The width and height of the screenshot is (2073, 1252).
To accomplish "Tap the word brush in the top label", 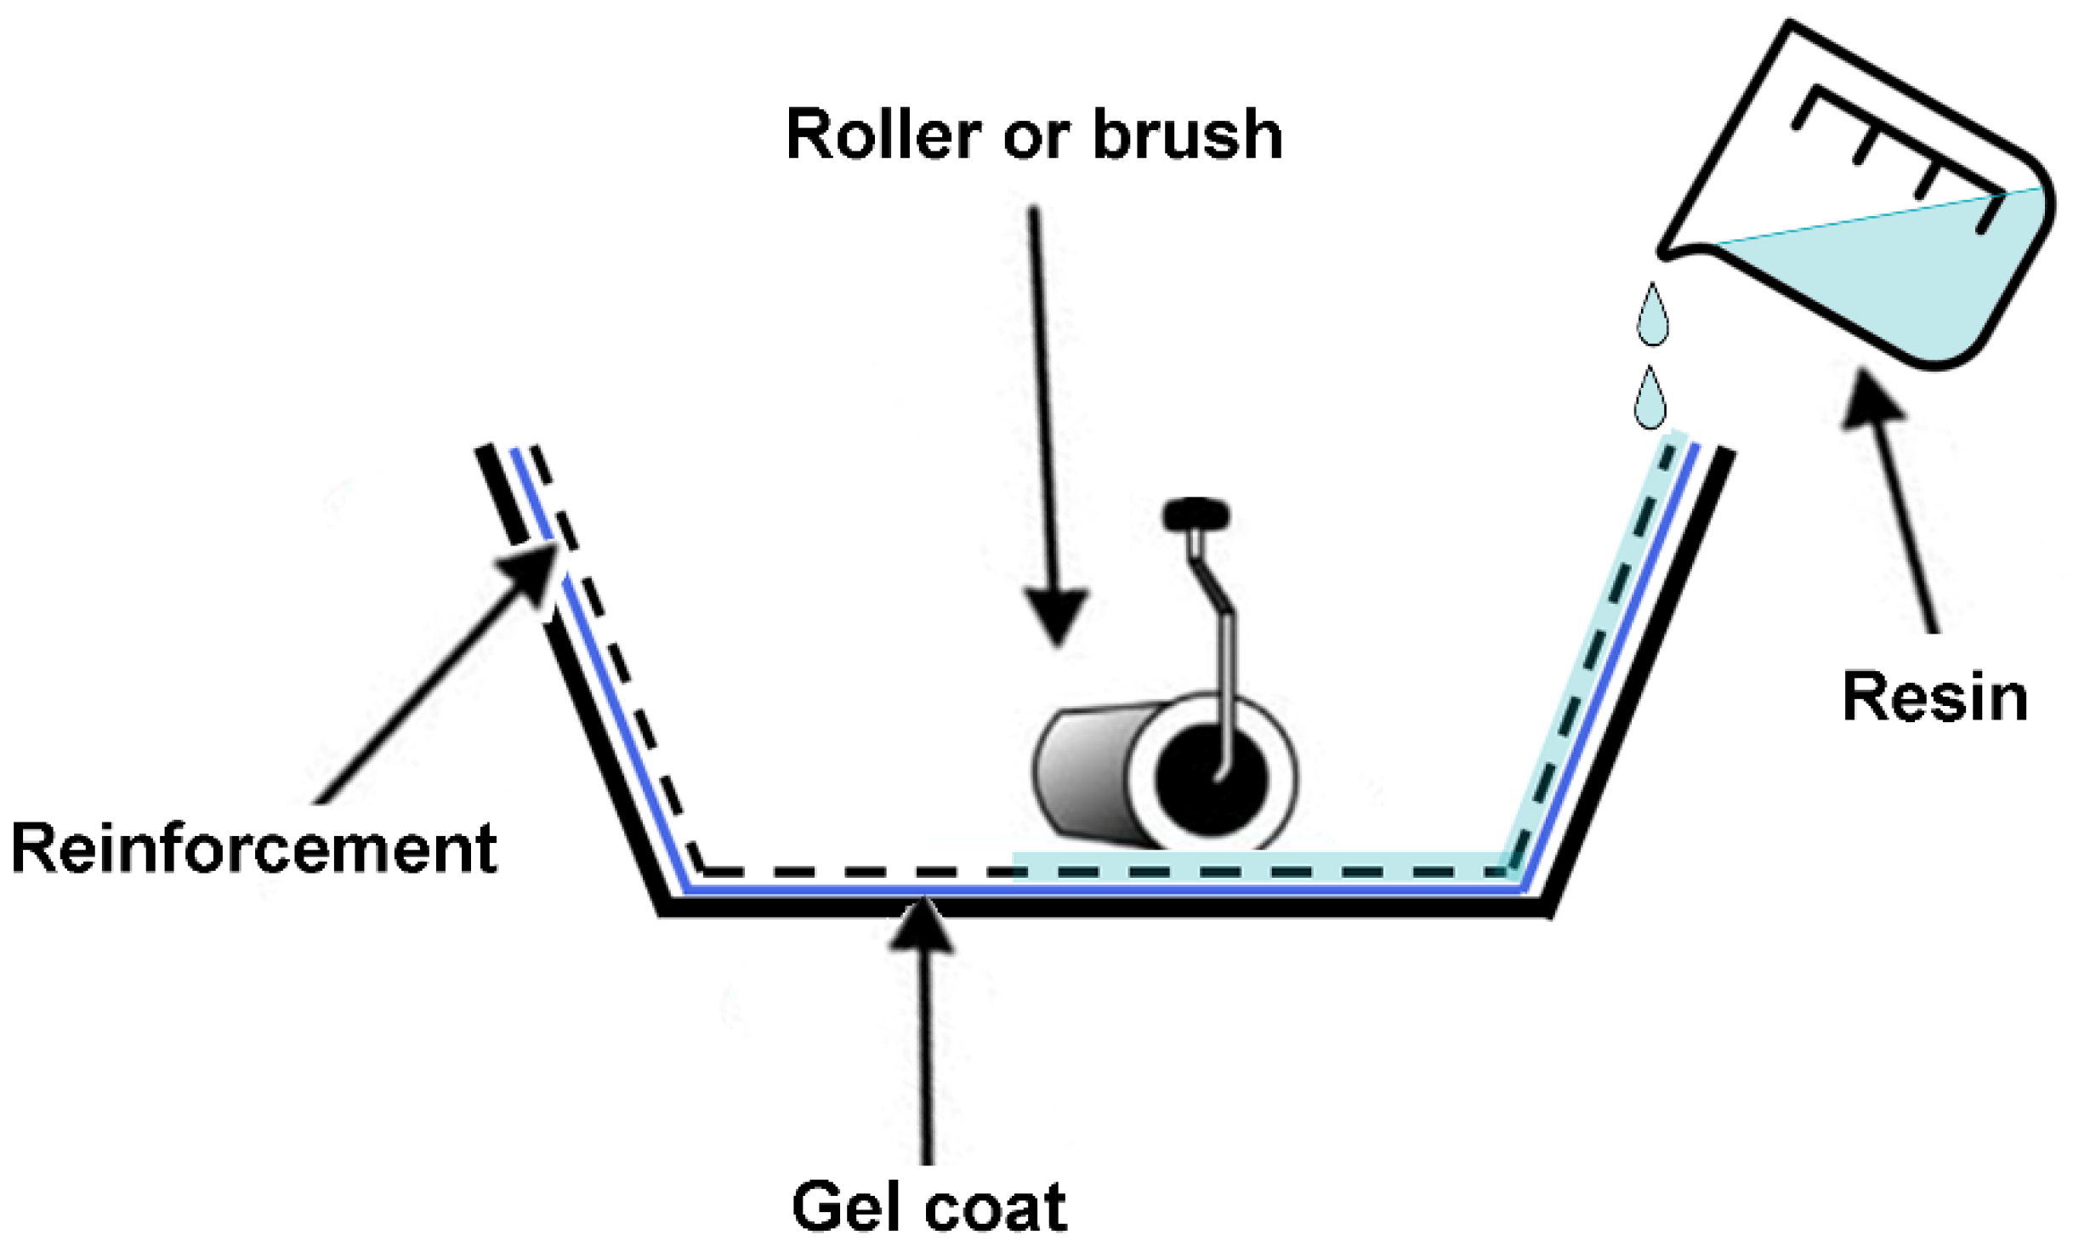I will click(1187, 135).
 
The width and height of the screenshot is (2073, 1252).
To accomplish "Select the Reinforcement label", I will click(253, 848).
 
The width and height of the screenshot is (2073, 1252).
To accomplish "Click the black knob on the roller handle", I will click(1196, 515).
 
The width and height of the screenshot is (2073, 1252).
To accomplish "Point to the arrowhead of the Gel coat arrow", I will click(923, 927).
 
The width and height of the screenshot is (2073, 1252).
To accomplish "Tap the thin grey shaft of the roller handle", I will click(1228, 680).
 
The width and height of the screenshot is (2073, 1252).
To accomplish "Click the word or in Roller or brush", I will click(1035, 135).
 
